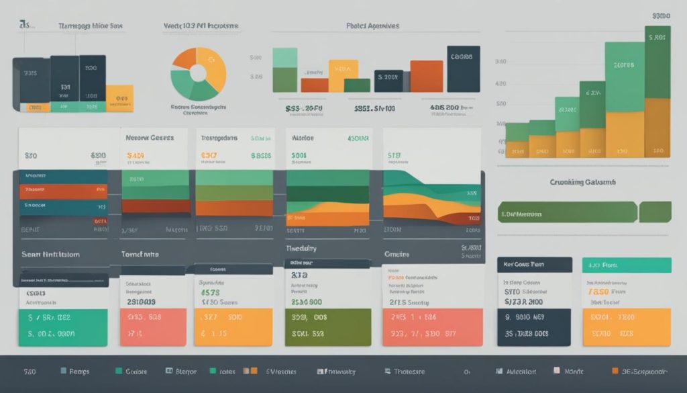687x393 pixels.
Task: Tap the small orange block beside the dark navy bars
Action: [120, 98]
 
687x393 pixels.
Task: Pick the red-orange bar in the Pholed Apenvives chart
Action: [426, 76]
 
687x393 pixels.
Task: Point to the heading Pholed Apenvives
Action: [372, 26]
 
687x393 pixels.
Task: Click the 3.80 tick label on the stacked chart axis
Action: [500, 61]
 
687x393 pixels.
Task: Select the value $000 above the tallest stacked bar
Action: [661, 15]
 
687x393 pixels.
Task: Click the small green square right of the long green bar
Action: [655, 212]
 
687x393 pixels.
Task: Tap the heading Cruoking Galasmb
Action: [584, 182]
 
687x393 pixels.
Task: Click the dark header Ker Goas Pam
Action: [534, 265]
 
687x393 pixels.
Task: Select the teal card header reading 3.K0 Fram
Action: [626, 265]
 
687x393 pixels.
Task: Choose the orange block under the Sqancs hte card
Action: [233, 327]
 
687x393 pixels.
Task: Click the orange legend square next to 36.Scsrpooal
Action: [615, 371]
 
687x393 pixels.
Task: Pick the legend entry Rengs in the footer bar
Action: [76, 371]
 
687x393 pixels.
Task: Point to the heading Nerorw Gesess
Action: [150, 137]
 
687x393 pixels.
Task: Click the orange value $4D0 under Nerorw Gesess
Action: [136, 155]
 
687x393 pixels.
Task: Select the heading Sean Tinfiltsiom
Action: [50, 255]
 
